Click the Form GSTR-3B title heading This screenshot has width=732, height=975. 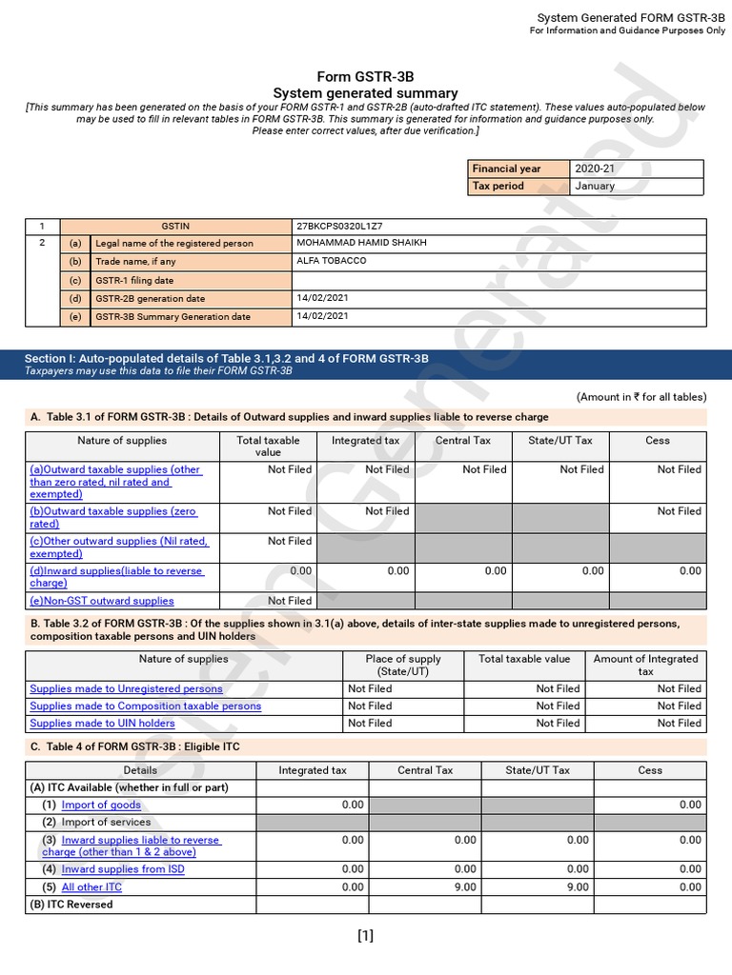tap(365, 77)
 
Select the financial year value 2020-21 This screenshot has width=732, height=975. tap(595, 169)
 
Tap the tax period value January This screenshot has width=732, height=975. tap(595, 187)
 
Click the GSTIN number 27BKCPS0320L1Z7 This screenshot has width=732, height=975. tap(339, 227)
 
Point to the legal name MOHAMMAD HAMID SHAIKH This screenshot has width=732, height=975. tap(362, 243)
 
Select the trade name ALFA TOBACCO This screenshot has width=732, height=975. tap(332, 261)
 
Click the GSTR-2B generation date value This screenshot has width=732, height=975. tap(323, 298)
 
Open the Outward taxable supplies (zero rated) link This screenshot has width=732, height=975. tap(112, 517)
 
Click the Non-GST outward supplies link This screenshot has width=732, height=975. tap(102, 601)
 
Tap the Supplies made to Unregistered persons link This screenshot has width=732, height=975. tap(126, 688)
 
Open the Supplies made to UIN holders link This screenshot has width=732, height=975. tap(102, 724)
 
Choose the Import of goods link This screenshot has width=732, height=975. tap(100, 806)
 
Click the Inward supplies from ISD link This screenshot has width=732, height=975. tap(123, 869)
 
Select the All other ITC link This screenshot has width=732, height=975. tap(91, 887)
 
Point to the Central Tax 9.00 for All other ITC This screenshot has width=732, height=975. tap(465, 887)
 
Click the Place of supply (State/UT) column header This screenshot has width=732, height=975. tap(403, 665)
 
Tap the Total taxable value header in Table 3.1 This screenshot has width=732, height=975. tap(268, 447)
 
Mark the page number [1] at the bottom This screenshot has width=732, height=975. tap(365, 936)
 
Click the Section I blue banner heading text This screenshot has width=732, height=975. tap(226, 358)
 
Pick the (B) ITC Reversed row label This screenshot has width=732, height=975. tap(71, 905)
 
